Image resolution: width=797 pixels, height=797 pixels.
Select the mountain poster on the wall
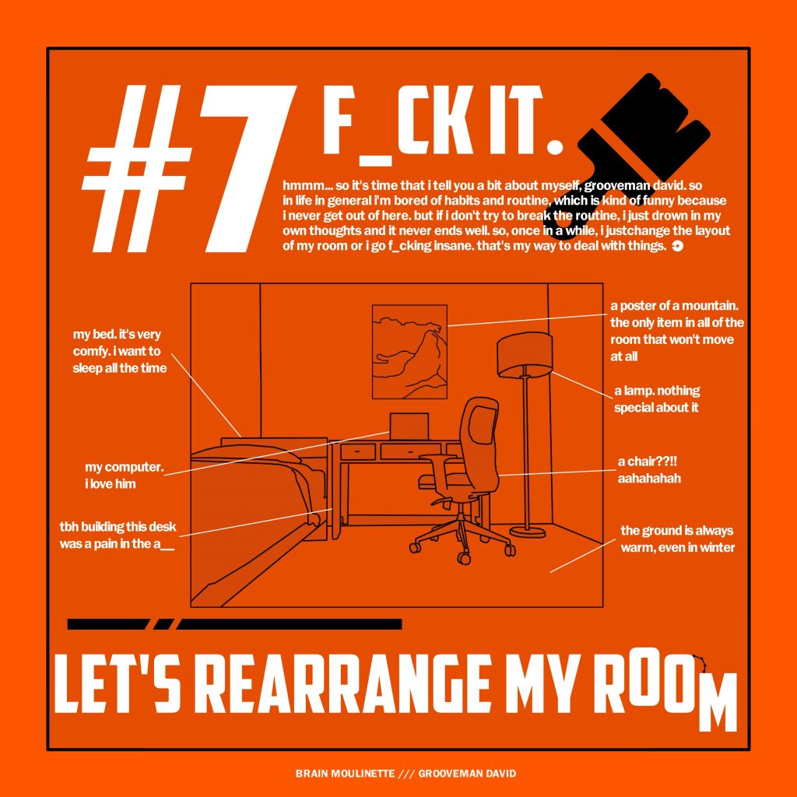click(x=409, y=352)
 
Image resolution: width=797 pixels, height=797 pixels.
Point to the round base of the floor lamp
click(x=528, y=532)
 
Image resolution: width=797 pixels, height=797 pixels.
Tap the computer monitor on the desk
click(x=409, y=426)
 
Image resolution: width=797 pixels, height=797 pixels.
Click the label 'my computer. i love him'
click(x=124, y=476)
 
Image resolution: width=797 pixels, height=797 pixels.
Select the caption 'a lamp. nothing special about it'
click(x=657, y=399)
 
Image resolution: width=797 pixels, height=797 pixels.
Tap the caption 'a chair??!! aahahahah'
click(x=649, y=469)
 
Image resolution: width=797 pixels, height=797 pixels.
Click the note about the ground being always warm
click(x=678, y=539)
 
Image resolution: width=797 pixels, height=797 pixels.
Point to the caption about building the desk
click(x=118, y=535)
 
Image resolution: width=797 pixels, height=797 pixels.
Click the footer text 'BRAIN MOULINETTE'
click(x=345, y=773)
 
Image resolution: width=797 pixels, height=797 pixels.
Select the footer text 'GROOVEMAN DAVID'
click(x=467, y=773)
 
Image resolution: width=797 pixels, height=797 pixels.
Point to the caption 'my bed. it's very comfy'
click(x=119, y=351)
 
